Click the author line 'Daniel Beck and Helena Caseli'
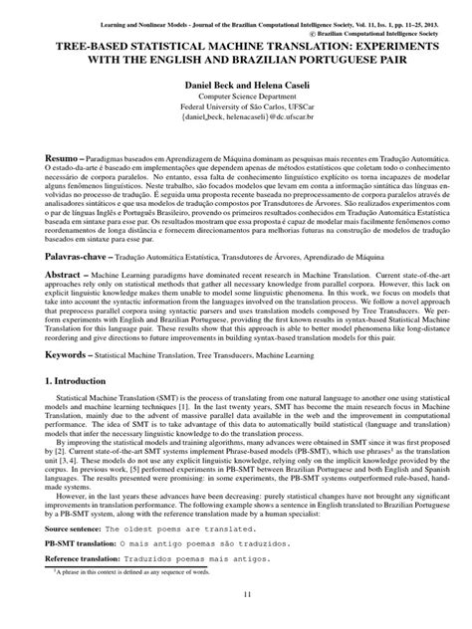click(x=235, y=88)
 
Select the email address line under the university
click(x=235, y=127)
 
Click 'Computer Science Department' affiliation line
click(x=235, y=103)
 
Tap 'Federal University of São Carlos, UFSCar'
click(x=235, y=114)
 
